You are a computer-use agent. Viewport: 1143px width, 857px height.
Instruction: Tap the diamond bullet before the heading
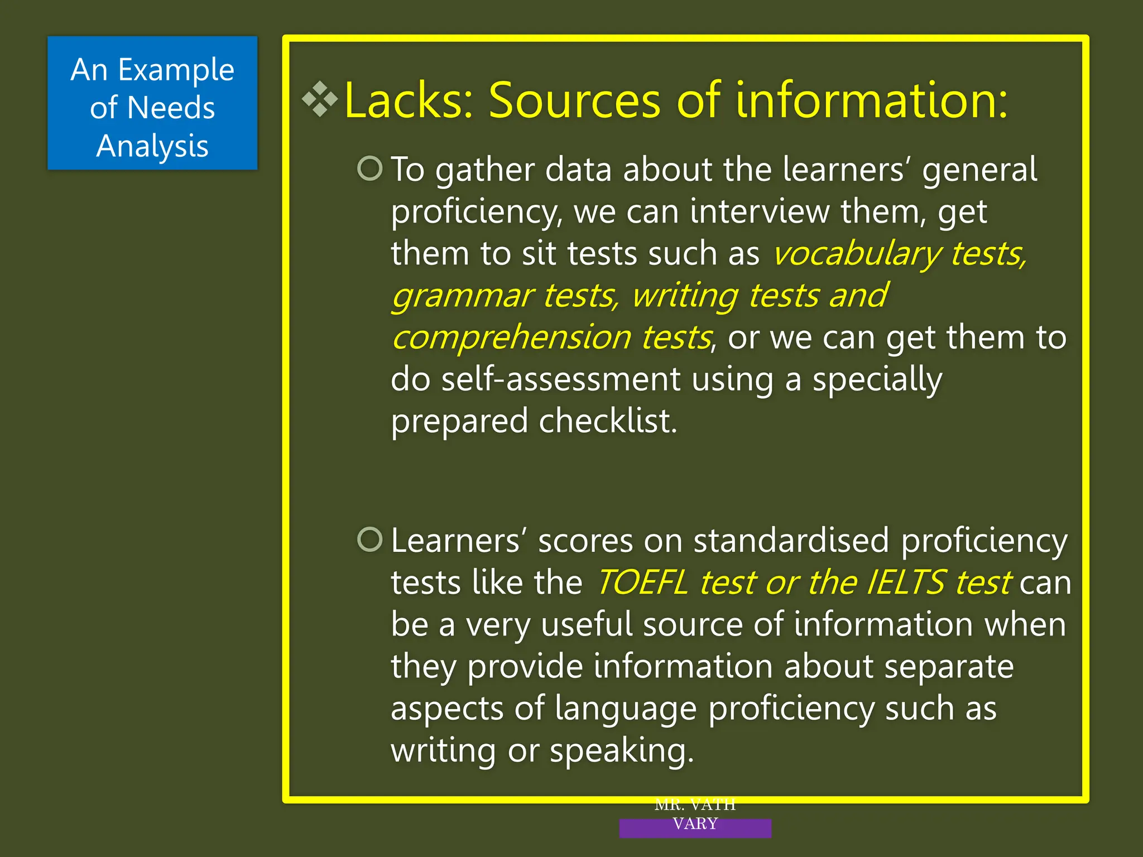(x=320, y=99)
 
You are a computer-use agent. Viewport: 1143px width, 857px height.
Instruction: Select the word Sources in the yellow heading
(x=574, y=101)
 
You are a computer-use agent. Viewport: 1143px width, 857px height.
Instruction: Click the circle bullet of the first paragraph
(x=370, y=168)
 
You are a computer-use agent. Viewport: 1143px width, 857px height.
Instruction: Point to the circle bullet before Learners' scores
(x=370, y=540)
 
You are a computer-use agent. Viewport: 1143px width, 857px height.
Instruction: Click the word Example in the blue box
(x=176, y=71)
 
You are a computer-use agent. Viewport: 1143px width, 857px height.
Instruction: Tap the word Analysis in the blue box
(x=152, y=147)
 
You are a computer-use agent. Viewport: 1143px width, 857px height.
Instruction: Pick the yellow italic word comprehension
(x=511, y=338)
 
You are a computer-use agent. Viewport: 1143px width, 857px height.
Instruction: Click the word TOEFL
(x=642, y=582)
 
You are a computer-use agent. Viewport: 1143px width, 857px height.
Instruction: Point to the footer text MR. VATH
(x=695, y=805)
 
